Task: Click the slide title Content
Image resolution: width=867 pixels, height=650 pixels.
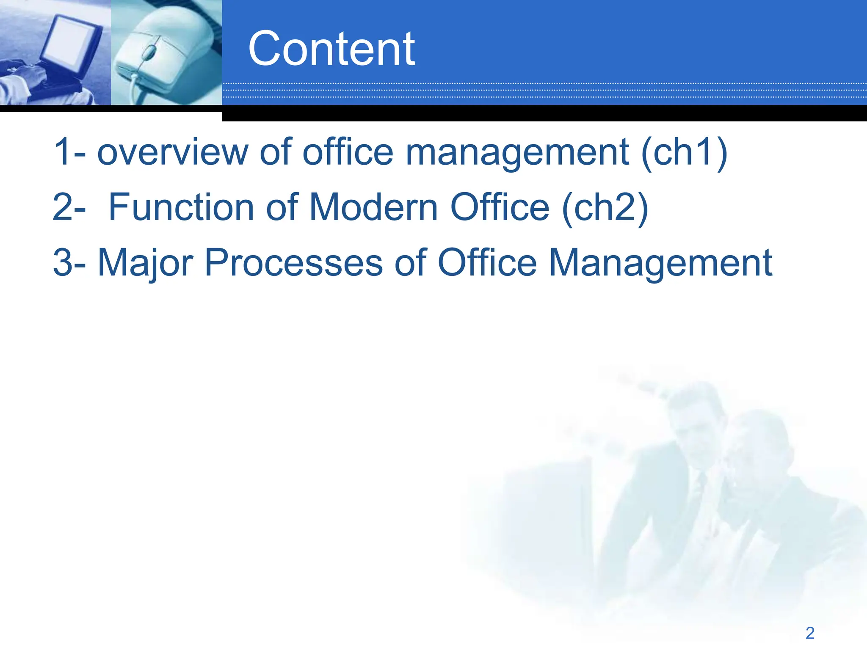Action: tap(331, 49)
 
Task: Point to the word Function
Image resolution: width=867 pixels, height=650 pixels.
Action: tap(181, 207)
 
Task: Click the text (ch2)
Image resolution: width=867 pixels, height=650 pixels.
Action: tap(605, 208)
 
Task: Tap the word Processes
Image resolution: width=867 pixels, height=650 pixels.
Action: tap(294, 263)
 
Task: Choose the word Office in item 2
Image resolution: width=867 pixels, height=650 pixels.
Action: tap(500, 207)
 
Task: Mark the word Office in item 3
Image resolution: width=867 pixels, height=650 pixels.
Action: tap(487, 263)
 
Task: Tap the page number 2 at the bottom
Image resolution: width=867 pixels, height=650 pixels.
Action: tap(810, 633)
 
